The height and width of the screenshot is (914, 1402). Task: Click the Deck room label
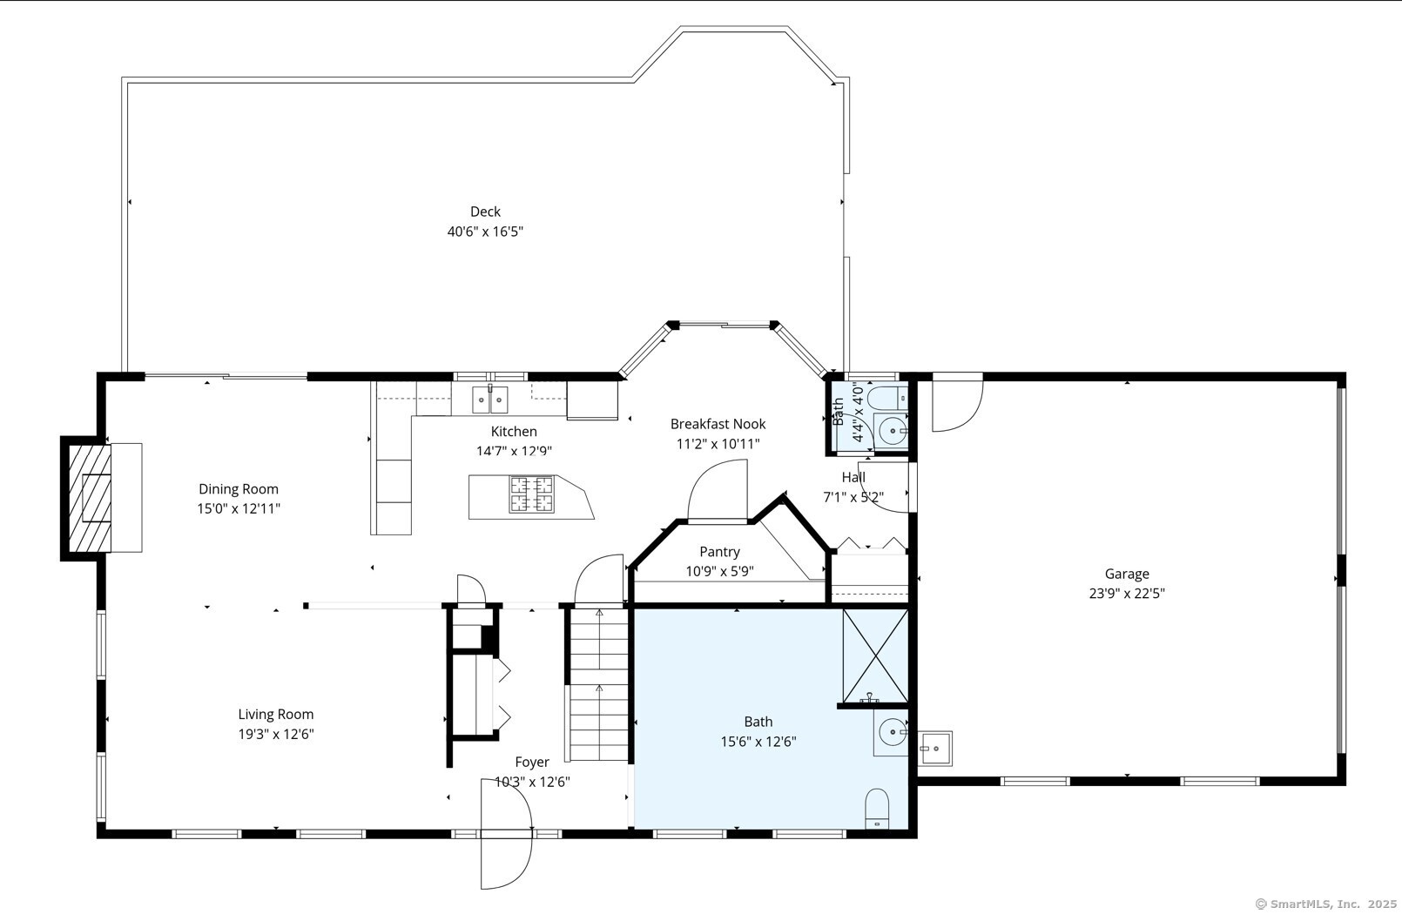coord(485,212)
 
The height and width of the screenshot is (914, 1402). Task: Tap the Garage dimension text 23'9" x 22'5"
coord(1127,593)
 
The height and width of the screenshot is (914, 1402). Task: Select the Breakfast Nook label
coord(718,424)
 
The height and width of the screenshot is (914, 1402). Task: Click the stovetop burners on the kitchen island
coord(531,494)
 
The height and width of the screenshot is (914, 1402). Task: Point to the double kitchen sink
coord(489,400)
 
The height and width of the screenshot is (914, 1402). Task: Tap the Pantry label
coord(719,551)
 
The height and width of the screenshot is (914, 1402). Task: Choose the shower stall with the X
coord(875,655)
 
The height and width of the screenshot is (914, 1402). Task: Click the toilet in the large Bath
coord(877,809)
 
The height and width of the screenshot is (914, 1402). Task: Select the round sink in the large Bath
coord(893,730)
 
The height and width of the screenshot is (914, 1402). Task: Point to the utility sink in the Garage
coord(935,749)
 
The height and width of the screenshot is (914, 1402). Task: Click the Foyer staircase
coord(599,684)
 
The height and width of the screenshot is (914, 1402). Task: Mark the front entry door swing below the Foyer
coord(506,833)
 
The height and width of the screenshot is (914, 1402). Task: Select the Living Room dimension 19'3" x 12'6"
coord(275,734)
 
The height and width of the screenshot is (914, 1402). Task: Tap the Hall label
coord(853,477)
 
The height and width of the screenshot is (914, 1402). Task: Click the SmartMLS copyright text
coord(1325,904)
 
